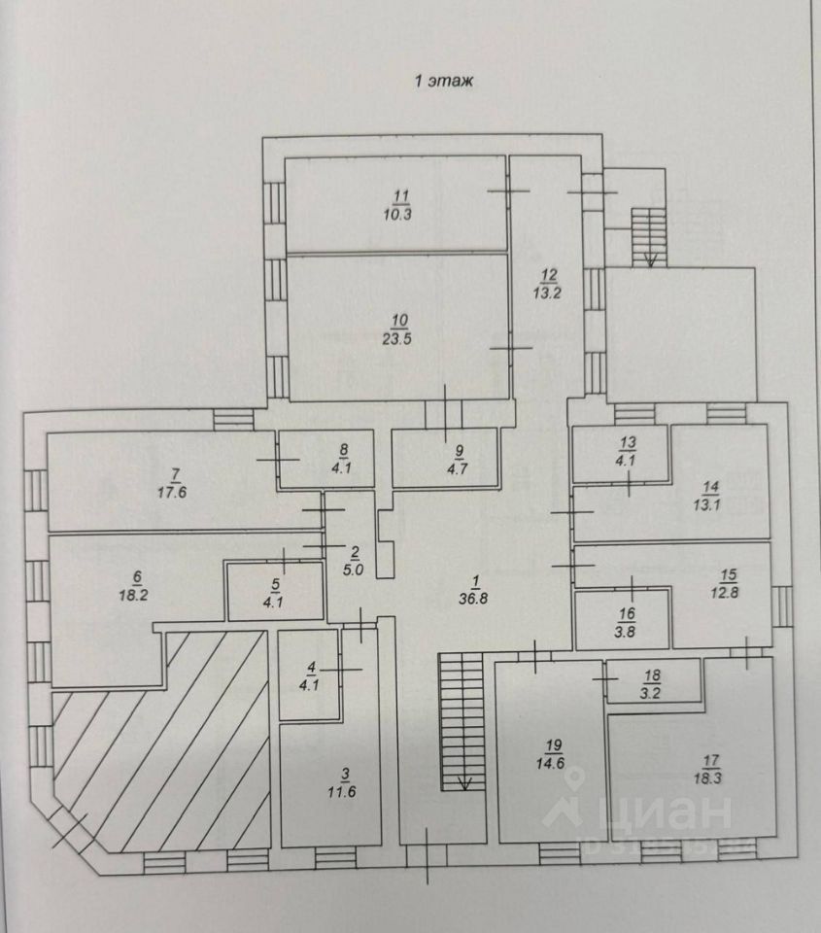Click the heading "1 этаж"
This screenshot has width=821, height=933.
point(444,83)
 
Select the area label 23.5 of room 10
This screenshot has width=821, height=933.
point(398,339)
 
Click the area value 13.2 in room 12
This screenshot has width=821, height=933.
point(544,291)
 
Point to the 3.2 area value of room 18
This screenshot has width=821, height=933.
point(651,692)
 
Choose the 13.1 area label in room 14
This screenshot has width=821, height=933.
point(712,502)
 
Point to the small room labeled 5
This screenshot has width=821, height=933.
point(275,591)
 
